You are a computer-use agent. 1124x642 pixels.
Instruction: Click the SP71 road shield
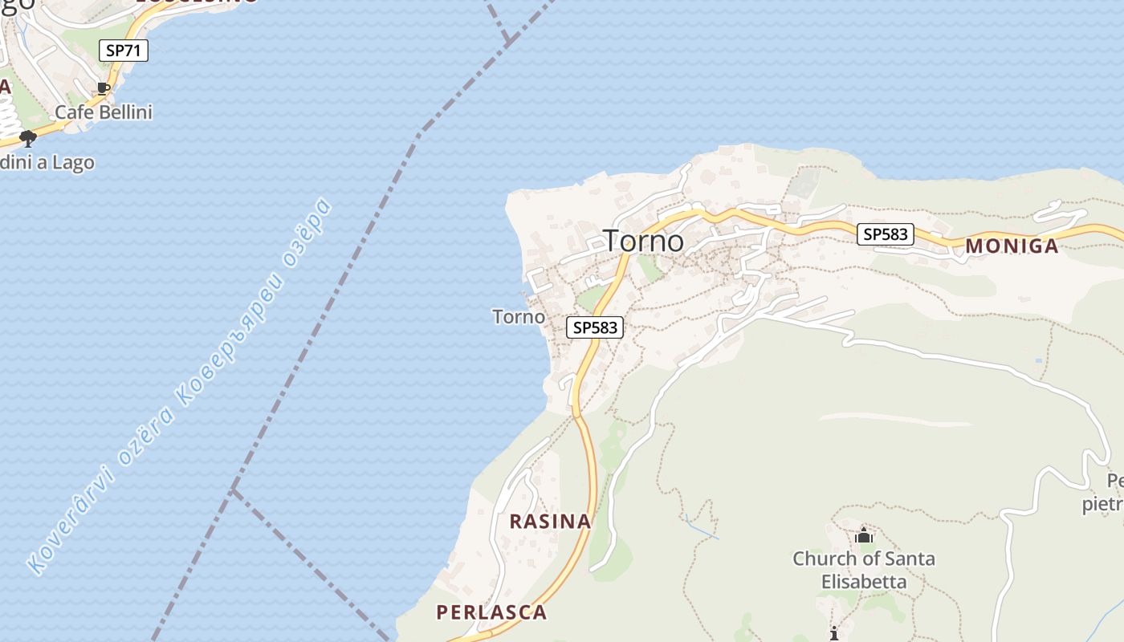124,51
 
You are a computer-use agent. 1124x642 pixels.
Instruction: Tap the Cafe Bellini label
103,112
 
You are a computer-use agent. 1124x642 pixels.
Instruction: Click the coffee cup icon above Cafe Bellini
103,88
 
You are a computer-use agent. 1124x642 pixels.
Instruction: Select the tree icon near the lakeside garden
28,139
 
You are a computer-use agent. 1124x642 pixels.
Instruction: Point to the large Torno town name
643,241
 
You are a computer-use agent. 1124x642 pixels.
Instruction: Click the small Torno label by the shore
519,317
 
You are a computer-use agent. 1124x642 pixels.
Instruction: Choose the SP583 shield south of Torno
596,327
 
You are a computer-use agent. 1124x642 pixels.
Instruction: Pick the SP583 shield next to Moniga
886,234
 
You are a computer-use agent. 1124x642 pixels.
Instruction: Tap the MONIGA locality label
1012,246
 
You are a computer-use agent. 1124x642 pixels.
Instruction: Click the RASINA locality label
551,522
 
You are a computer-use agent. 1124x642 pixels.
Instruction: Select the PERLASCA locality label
491,612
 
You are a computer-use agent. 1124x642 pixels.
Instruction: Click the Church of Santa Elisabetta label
864,570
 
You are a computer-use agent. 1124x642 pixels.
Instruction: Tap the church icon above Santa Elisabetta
864,535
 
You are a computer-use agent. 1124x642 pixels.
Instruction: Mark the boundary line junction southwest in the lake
234,490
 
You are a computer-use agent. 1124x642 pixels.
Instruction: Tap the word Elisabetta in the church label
864,581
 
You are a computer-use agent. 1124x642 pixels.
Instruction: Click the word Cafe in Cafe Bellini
72,112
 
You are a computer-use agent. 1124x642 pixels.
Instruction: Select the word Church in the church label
821,559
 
